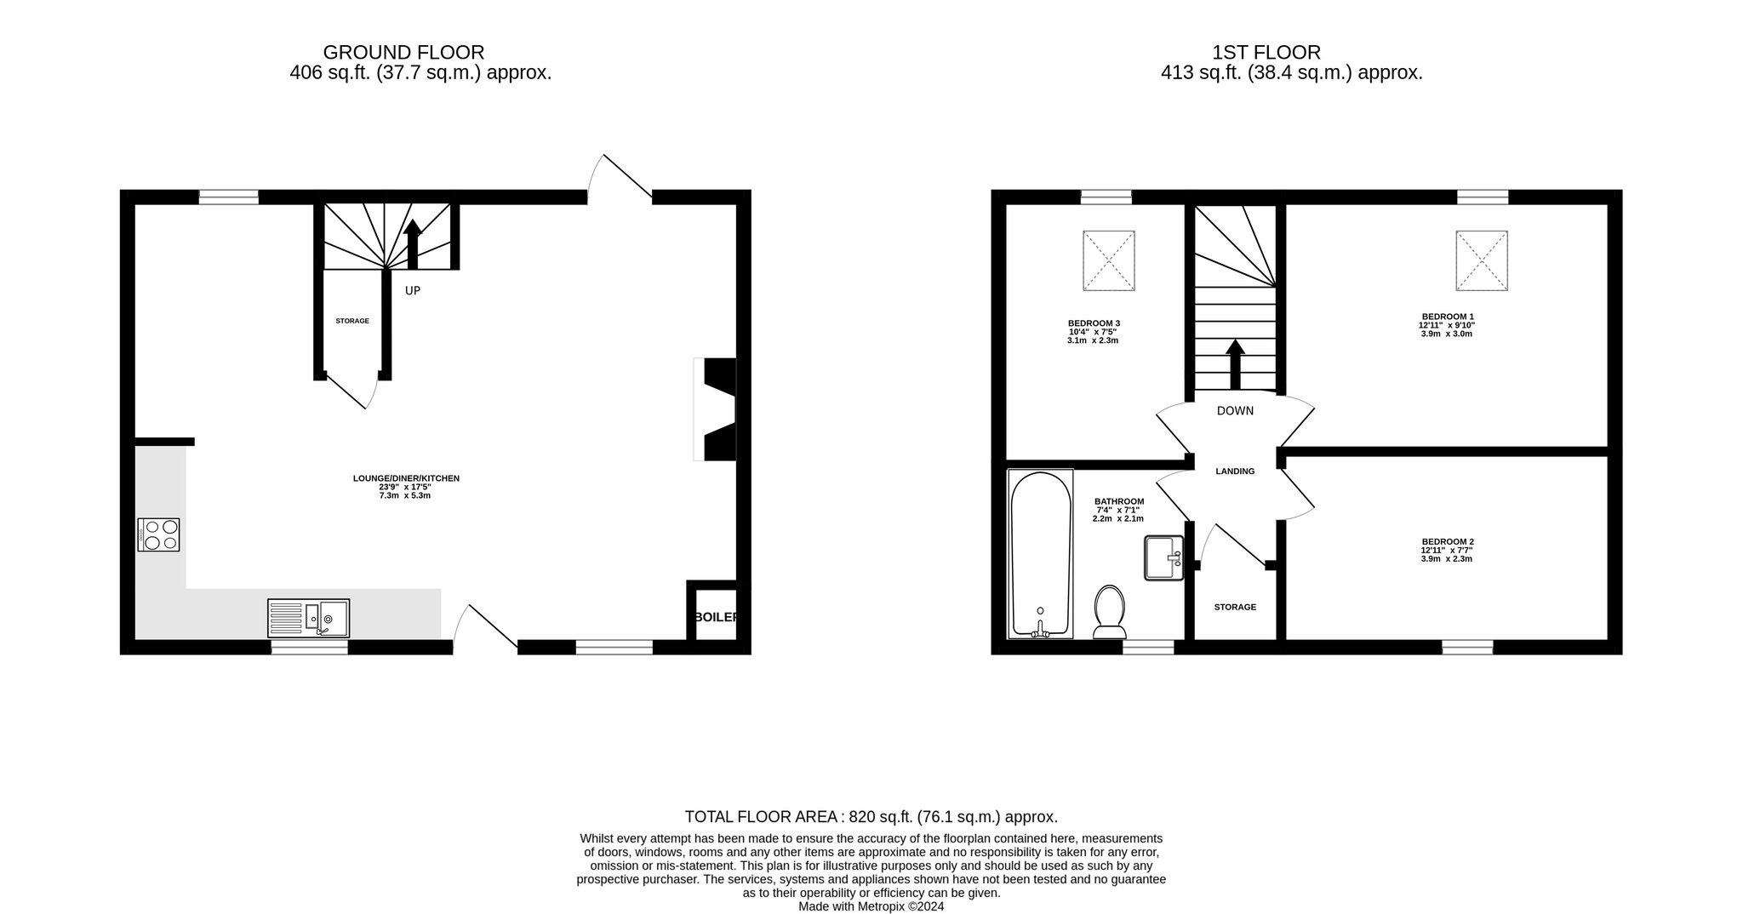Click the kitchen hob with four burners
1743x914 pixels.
(x=158, y=534)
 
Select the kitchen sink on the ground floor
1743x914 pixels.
(x=308, y=618)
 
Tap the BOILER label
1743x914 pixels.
(x=716, y=617)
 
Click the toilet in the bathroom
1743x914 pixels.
(x=1109, y=611)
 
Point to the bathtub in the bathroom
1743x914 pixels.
(x=1040, y=553)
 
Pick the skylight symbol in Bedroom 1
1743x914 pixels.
(x=1482, y=260)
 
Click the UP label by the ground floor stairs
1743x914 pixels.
(x=413, y=290)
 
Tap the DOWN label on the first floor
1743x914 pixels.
(x=1235, y=411)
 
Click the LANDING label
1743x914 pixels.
(x=1235, y=471)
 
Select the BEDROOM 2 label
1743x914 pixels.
(x=1448, y=541)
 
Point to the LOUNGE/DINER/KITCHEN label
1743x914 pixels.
(x=406, y=478)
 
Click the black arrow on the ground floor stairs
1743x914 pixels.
(x=413, y=244)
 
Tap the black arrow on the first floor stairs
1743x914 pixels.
(x=1235, y=365)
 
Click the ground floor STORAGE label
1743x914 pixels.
(x=352, y=321)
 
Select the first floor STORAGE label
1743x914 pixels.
(x=1235, y=607)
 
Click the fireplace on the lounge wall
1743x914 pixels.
(x=716, y=409)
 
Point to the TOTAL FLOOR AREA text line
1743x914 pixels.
(x=871, y=817)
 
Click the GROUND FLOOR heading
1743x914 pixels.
(x=403, y=53)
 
